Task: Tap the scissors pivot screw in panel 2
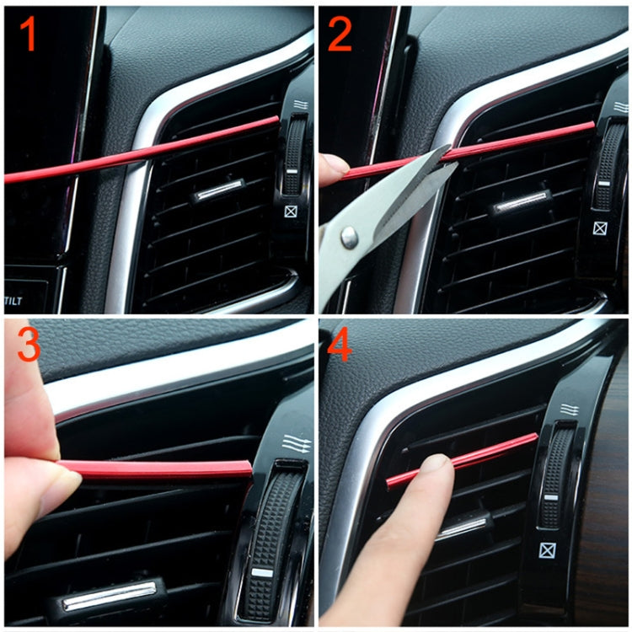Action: tap(347, 240)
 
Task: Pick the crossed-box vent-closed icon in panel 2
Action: tap(599, 228)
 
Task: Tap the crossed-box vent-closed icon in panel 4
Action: tap(549, 552)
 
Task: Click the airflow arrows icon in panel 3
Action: tap(297, 443)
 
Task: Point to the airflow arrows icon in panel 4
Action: tap(569, 410)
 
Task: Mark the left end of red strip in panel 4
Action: tap(390, 483)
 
